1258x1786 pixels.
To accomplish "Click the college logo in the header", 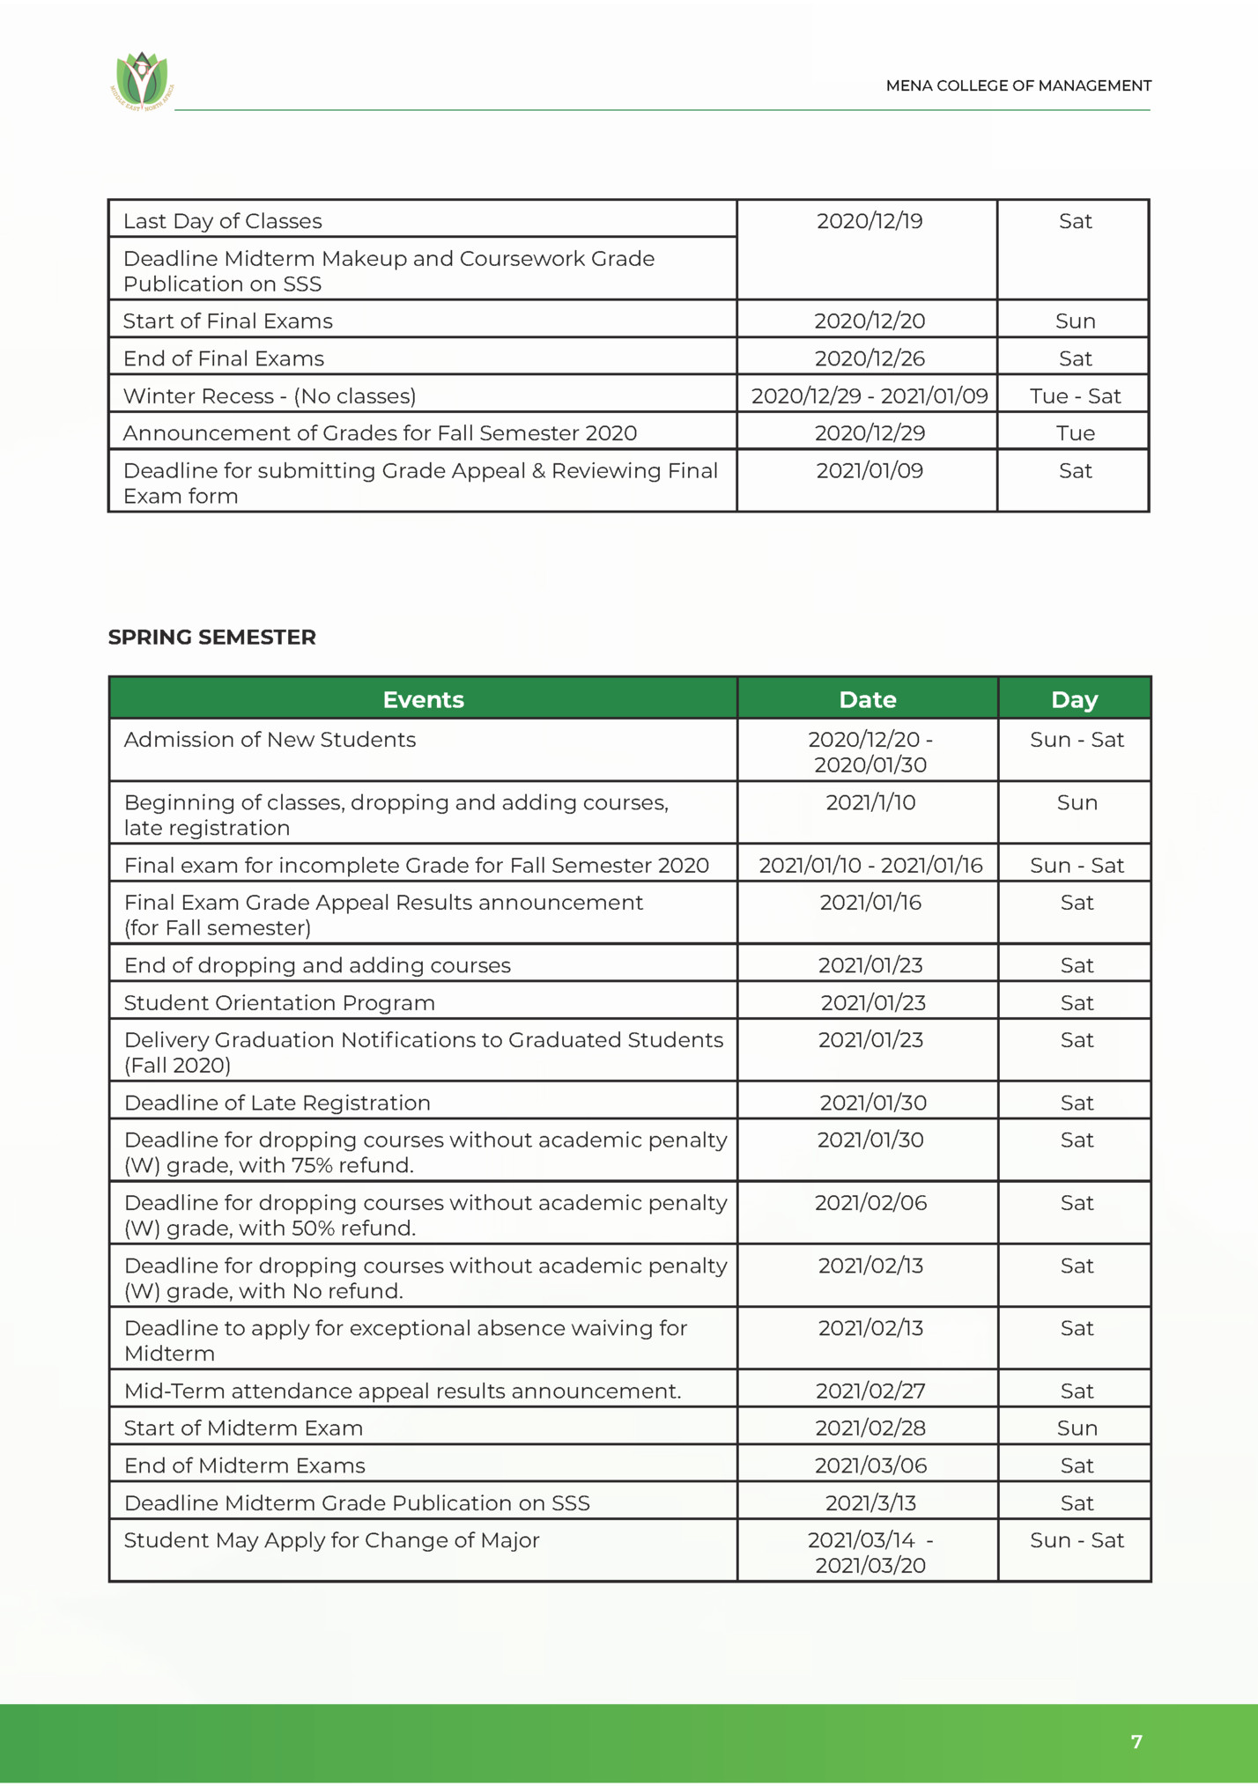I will [142, 80].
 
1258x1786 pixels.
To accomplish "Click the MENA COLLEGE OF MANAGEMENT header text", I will [1017, 85].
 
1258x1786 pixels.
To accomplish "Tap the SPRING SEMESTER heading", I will [211, 637].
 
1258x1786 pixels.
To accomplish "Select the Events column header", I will [423, 699].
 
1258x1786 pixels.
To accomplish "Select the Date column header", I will [867, 699].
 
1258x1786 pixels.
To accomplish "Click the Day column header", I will [1074, 699].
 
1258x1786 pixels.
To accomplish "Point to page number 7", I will [1136, 1741].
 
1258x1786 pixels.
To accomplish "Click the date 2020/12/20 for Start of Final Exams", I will [869, 321].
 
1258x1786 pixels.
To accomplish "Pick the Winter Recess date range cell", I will [869, 395].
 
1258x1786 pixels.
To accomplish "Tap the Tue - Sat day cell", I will [1074, 395].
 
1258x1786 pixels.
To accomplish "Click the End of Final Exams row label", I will [224, 358].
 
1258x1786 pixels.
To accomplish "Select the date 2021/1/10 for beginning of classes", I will [869, 802].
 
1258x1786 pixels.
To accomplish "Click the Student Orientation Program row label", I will [279, 1002].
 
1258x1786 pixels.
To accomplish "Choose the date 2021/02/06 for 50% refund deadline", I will [869, 1202].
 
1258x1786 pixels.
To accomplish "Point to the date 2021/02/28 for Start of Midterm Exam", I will [869, 1428].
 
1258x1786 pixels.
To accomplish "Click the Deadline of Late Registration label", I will [277, 1103].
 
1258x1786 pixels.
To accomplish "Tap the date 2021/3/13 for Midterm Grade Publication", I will [869, 1502].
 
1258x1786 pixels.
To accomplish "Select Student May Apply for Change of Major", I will [331, 1540].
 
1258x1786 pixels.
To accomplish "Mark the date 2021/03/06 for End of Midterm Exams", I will [869, 1465].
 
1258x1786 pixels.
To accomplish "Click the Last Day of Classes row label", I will [223, 221].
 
